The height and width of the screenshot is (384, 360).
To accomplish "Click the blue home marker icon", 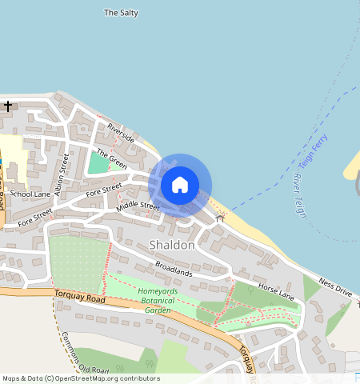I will (180, 185).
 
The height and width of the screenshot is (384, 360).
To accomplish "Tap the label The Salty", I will (122, 13).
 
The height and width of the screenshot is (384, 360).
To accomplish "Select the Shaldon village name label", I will (171, 245).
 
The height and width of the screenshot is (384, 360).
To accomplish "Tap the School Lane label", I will (32, 194).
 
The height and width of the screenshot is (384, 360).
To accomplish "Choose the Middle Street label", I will (138, 206).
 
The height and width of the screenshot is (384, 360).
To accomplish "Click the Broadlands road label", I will (174, 268).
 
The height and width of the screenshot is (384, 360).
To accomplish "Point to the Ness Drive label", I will (334, 287).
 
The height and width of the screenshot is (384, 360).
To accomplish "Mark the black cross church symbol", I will (8, 106).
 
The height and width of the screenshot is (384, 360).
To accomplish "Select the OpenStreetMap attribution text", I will (81, 378).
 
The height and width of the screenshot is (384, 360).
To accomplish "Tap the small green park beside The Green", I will (98, 162).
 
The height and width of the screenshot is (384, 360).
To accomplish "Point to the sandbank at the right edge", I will (353, 166).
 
